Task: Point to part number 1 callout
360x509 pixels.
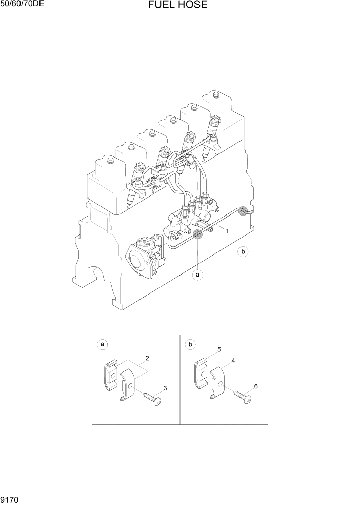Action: [x=226, y=231]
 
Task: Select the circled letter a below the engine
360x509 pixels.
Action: [x=197, y=275]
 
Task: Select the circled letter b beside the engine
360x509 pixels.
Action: [x=244, y=251]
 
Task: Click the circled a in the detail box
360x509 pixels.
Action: [x=103, y=344]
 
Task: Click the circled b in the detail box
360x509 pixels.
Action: [x=190, y=344]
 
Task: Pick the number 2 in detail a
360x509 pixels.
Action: [x=147, y=357]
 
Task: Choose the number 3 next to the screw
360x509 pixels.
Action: [x=165, y=388]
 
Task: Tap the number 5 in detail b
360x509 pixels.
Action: [x=219, y=349]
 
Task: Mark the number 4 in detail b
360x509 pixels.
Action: [x=233, y=361]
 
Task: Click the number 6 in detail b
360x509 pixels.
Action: [x=256, y=386]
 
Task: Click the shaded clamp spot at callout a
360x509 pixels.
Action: [x=197, y=235]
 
